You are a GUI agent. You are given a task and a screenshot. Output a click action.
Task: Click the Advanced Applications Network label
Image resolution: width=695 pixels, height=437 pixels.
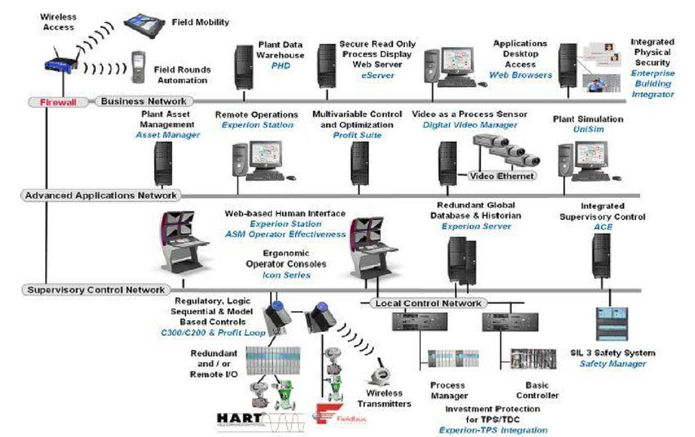coord(101,195)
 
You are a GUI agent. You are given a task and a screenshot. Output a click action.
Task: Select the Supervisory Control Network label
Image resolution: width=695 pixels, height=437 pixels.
coord(95,290)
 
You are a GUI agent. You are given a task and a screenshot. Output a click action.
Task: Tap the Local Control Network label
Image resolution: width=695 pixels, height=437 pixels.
coord(429,303)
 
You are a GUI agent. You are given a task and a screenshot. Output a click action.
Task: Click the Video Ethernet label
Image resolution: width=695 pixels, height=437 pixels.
coord(502,176)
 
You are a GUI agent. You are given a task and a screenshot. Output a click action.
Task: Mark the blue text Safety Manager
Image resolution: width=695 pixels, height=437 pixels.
coord(612,363)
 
